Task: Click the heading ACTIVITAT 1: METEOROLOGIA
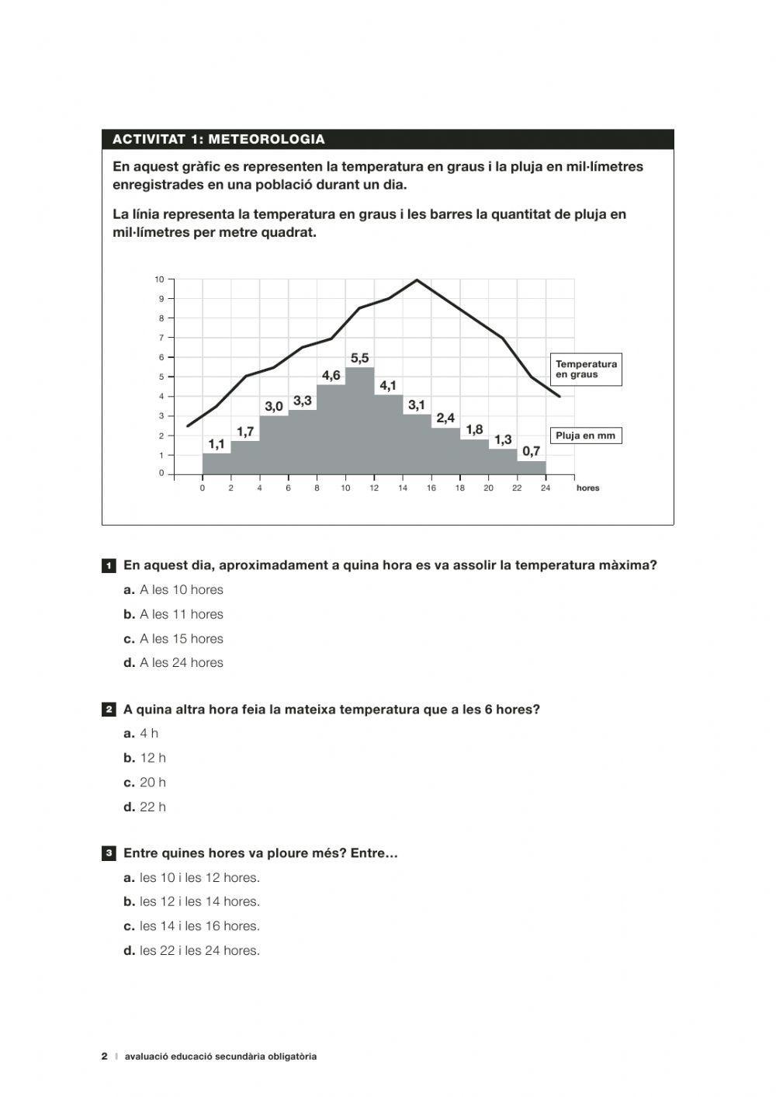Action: point(219,140)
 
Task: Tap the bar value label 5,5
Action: point(359,358)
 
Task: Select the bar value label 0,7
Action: point(531,451)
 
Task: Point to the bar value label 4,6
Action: point(331,376)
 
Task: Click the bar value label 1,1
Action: point(216,444)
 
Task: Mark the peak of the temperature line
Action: point(417,279)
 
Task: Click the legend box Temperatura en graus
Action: point(586,370)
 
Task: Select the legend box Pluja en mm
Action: point(585,436)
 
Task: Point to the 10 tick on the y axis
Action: point(159,279)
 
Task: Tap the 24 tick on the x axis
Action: point(546,488)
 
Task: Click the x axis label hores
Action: point(587,488)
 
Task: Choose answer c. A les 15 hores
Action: point(173,638)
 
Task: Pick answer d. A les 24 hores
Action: point(173,662)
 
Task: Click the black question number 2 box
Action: point(109,710)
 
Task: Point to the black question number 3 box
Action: point(109,854)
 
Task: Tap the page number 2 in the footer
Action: point(105,1056)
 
